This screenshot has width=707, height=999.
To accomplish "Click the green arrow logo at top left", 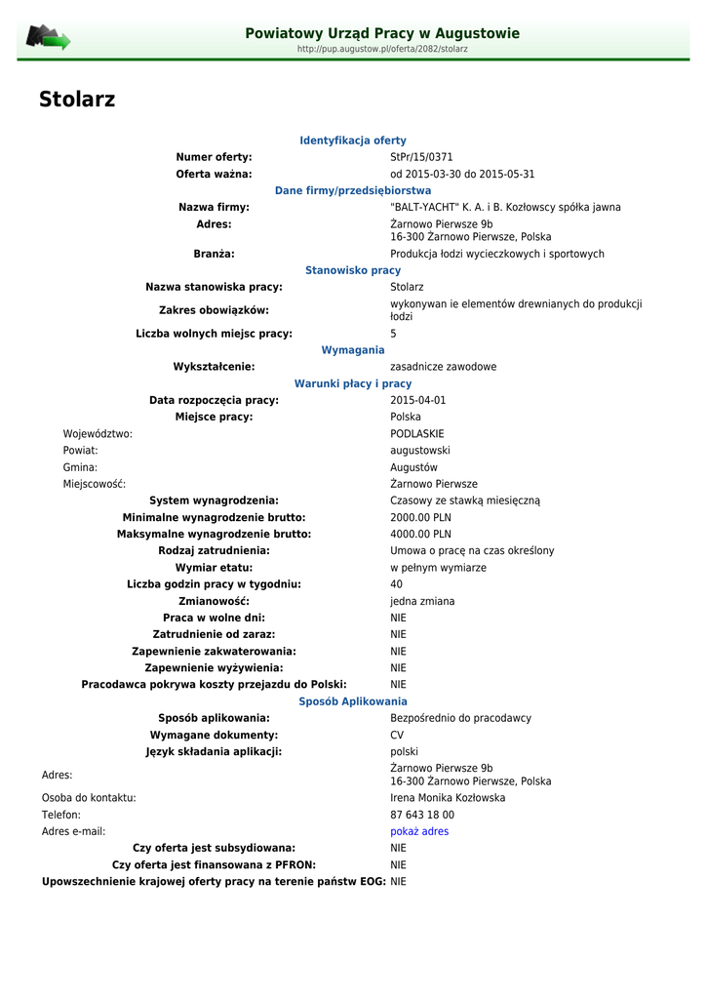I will coord(48,38).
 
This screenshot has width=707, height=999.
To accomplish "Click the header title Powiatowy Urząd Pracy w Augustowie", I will coord(382,33).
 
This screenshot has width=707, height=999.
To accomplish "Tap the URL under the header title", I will coord(382,49).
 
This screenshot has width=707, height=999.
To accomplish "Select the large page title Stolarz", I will coord(77,100).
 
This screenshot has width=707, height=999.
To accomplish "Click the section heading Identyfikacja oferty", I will coord(353,140).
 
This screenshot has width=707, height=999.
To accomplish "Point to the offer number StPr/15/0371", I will coord(421,157).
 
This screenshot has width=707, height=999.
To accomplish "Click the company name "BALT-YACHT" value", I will coord(505,207).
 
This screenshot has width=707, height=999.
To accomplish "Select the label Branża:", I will coord(214,254).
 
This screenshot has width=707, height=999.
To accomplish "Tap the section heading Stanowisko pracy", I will coord(353,270).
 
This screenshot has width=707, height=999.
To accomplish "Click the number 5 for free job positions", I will coord(394,334).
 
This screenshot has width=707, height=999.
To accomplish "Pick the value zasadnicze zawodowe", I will coord(443,367).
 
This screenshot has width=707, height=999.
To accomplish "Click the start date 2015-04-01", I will coord(417,400).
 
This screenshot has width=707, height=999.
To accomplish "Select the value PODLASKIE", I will coord(417,433).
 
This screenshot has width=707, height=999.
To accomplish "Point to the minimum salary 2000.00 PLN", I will coord(420,517).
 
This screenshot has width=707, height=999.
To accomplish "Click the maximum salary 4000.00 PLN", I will coord(420,534).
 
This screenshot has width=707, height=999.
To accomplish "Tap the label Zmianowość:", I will coord(214,601).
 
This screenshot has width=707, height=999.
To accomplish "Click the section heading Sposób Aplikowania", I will coord(353,701).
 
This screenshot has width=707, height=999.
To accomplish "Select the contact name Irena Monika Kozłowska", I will coord(448,798).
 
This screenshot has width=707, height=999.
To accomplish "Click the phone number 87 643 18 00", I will coord(422,815).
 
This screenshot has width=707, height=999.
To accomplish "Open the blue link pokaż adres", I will coord(419,831).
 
